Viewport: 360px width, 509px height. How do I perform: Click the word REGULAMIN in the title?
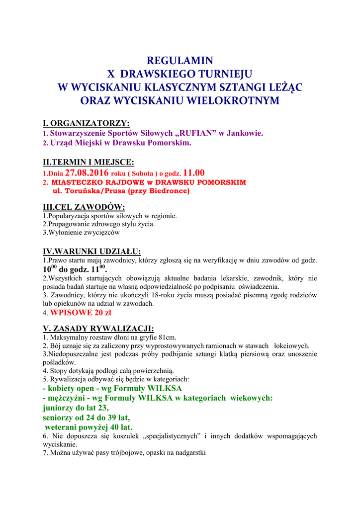(x=180, y=61)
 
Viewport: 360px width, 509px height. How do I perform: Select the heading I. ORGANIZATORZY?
(x=86, y=123)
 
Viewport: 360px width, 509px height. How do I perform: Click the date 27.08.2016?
(x=87, y=173)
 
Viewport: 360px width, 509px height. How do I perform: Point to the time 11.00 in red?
(x=194, y=173)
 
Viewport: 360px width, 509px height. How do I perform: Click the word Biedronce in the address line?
(x=168, y=190)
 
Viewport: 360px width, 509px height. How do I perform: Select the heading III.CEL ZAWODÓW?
(x=84, y=207)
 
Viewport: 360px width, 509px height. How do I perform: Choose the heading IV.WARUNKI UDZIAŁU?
(x=92, y=251)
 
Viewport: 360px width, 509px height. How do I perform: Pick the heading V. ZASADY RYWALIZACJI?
(x=98, y=328)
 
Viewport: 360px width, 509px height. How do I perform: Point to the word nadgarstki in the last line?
(x=190, y=453)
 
